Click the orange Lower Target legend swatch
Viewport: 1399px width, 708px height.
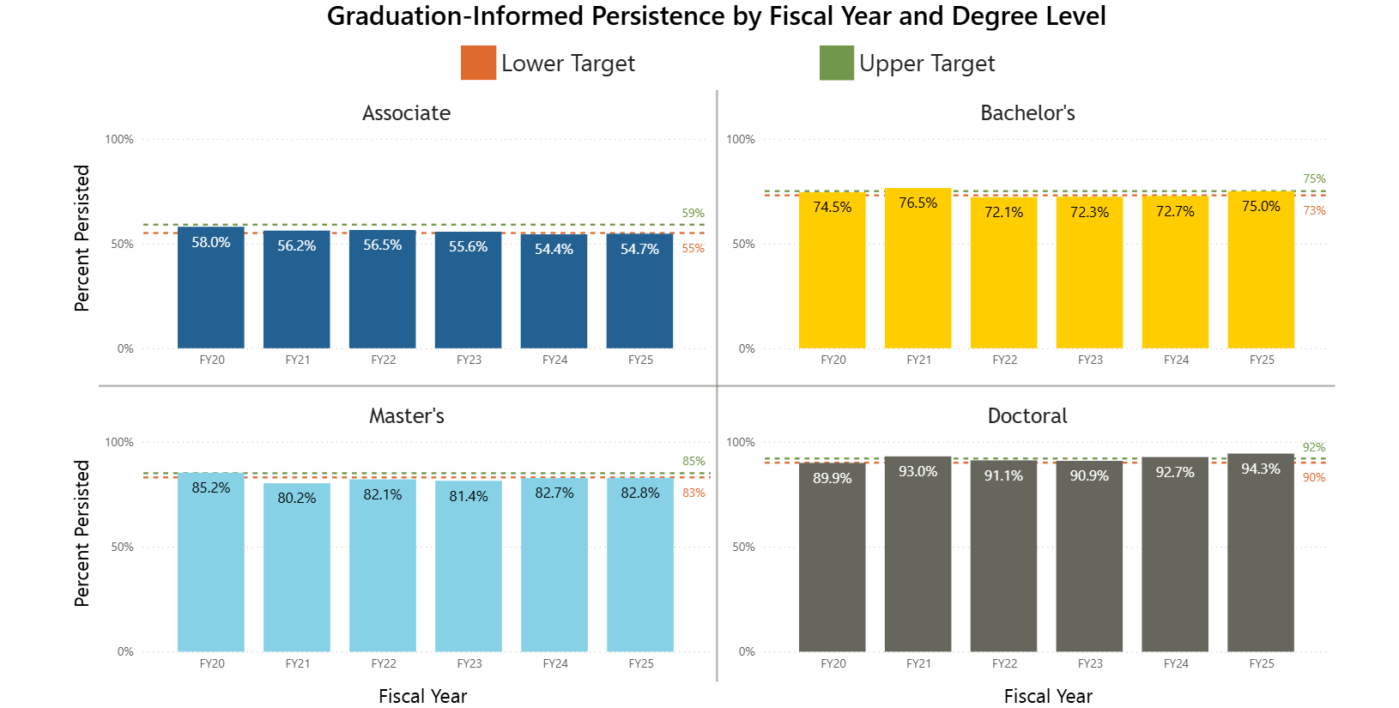[x=478, y=63]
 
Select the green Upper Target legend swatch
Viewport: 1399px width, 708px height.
[x=836, y=63]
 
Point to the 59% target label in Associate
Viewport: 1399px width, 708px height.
[x=693, y=213]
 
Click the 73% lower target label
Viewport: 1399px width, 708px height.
[x=1314, y=210]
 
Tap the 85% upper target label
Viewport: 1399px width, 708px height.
[x=693, y=461]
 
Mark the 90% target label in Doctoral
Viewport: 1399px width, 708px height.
[x=1314, y=477]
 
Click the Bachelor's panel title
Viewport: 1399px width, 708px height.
[x=1027, y=113]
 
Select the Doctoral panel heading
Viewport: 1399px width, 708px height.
[x=1027, y=416]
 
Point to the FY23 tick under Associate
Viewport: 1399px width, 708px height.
[x=469, y=360]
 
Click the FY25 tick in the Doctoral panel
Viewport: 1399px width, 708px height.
[x=1261, y=663]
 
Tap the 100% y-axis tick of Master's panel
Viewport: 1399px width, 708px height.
[x=119, y=442]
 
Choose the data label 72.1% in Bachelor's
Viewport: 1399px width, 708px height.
[x=1003, y=212]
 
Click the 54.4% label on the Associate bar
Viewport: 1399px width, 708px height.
[x=554, y=249]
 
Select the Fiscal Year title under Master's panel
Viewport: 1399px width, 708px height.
[x=422, y=696]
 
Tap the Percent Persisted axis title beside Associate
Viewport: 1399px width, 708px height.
[x=82, y=239]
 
